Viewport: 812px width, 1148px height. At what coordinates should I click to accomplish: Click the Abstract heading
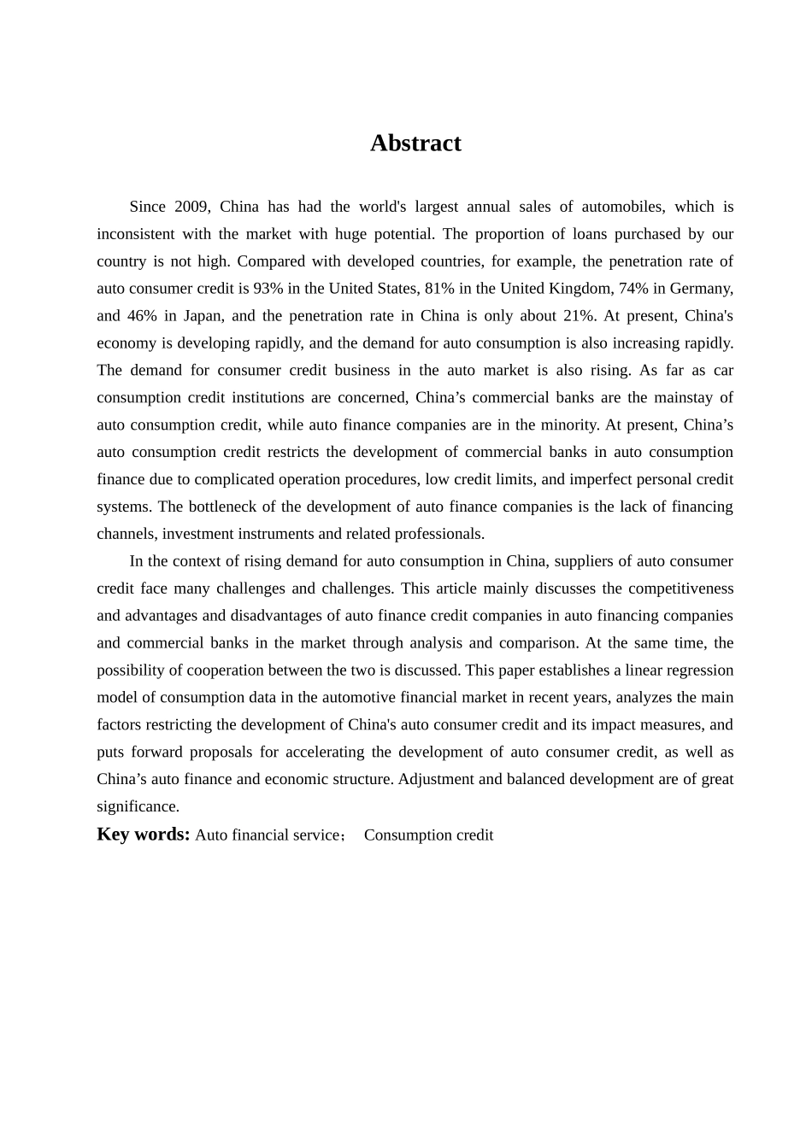(x=415, y=143)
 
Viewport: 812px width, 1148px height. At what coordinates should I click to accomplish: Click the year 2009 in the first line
(x=192, y=207)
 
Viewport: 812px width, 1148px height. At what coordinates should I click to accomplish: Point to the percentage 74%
(x=634, y=289)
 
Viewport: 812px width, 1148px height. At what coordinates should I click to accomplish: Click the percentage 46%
(x=142, y=316)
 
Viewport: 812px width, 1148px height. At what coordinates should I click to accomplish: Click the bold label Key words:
(x=143, y=835)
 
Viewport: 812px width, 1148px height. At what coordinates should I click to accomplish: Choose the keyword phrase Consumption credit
(x=428, y=835)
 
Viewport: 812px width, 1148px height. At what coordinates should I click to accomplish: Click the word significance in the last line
(x=138, y=806)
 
